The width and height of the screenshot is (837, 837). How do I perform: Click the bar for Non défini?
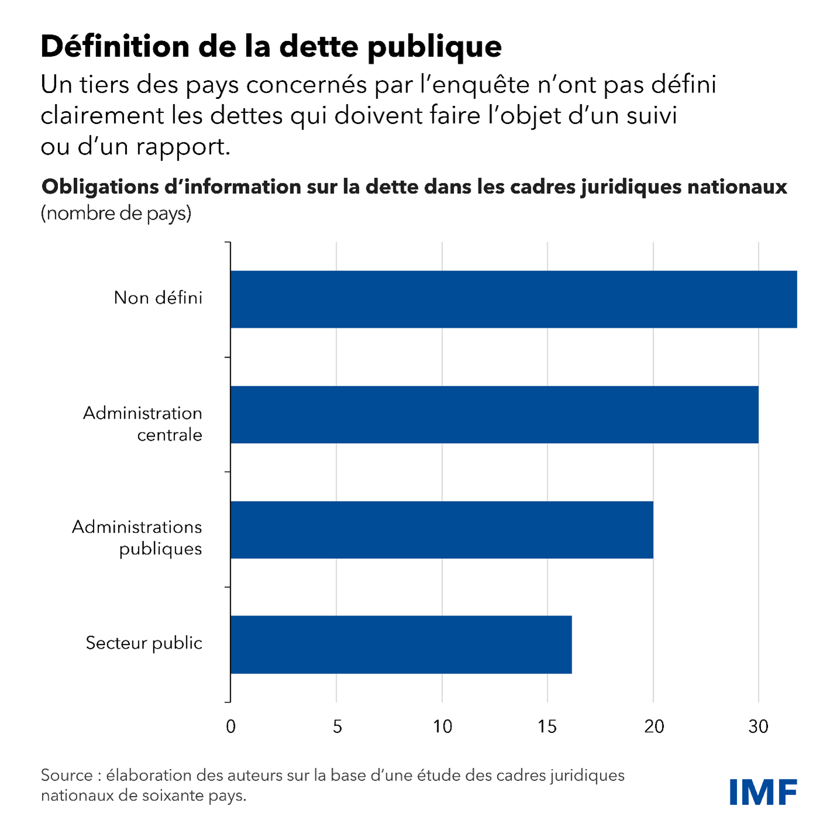pos(513,299)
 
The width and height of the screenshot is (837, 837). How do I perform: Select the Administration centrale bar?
pos(494,414)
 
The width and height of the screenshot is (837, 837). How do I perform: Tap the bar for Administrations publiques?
pos(441,530)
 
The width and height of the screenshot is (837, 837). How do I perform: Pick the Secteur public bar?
pos(401,644)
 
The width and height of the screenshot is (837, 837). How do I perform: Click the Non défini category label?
pos(158,298)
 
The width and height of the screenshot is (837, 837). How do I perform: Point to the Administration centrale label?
pos(142,424)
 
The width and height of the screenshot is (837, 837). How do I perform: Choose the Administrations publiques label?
pos(137,538)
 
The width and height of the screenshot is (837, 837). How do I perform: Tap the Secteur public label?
pos(144,643)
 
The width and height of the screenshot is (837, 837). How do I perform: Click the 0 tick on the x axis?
pos(231,726)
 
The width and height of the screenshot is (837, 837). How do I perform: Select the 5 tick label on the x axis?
pos(337,726)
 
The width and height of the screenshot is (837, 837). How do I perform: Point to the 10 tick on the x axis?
pos(442,726)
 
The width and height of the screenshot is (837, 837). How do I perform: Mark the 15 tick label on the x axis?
pos(547,726)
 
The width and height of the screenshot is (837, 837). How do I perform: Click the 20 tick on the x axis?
pos(654,726)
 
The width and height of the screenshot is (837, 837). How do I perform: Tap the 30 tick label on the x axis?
pos(759,726)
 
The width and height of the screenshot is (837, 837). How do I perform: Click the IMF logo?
pos(763,792)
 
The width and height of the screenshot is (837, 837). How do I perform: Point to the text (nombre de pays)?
pos(116,212)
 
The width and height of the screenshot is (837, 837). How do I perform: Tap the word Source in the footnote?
pos(67,776)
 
